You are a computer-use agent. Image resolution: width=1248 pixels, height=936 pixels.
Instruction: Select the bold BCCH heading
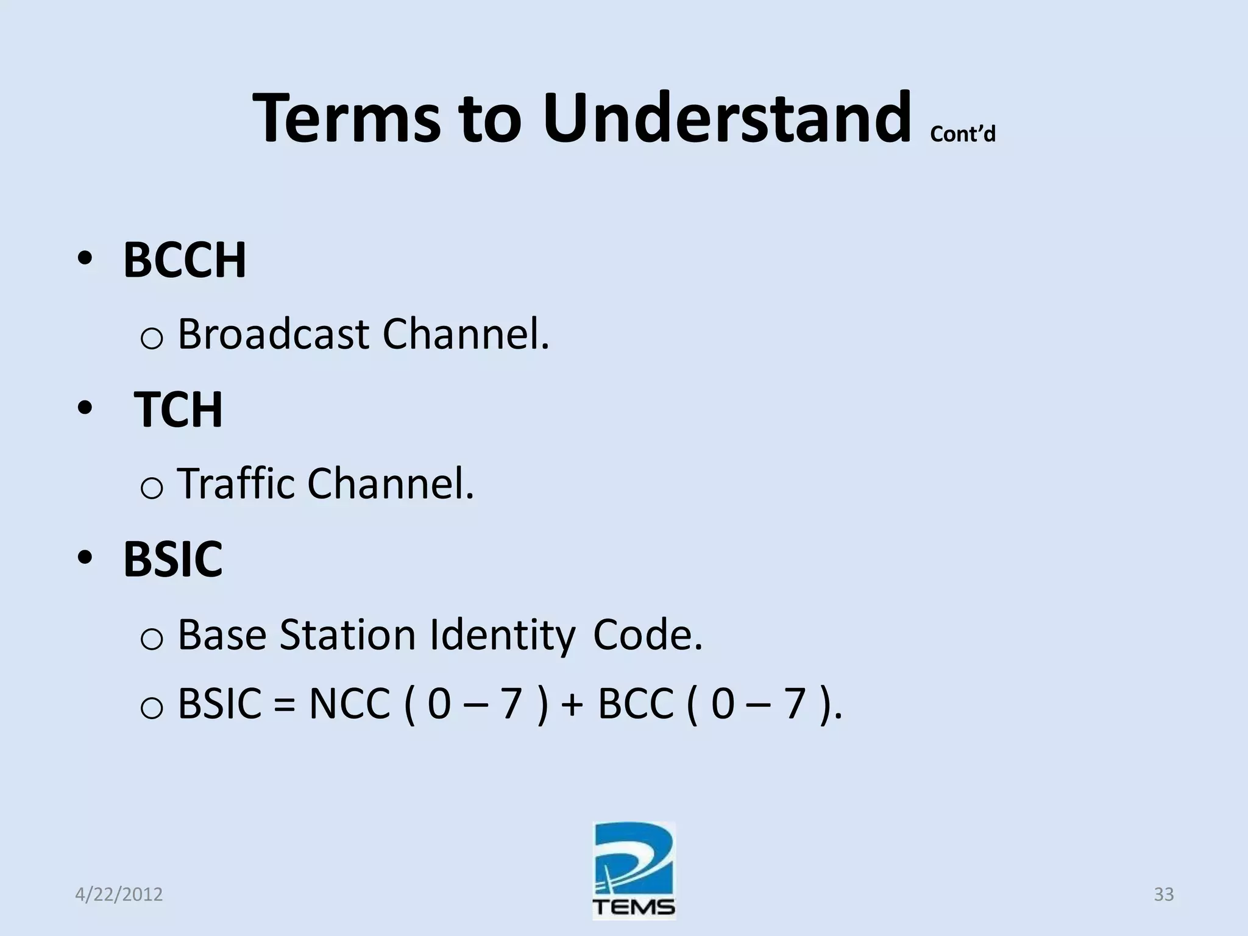(185, 260)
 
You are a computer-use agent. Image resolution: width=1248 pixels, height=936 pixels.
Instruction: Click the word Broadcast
(273, 335)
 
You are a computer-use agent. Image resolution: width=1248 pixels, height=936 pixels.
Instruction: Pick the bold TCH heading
(178, 409)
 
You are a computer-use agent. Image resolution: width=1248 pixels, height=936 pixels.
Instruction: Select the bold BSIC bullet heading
(172, 559)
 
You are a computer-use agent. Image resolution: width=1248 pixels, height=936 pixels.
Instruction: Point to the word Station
(347, 635)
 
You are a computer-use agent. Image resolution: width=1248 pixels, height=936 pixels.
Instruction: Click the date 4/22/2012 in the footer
(119, 895)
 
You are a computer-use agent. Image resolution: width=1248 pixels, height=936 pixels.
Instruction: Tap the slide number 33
(1163, 895)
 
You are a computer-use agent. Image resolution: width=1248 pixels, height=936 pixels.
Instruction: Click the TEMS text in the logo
(634, 906)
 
